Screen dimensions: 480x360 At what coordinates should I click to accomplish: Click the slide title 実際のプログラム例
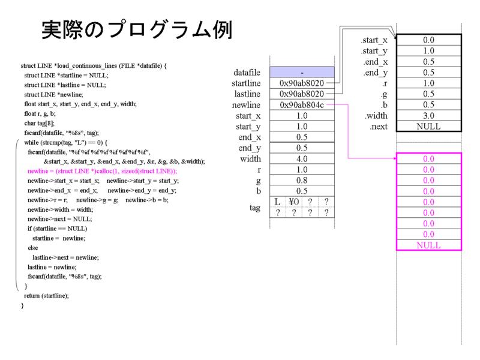click(137, 29)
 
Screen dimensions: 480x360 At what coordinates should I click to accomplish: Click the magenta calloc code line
click(102, 171)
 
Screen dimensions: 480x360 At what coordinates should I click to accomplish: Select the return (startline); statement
click(47, 296)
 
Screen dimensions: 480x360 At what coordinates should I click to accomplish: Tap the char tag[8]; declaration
click(40, 123)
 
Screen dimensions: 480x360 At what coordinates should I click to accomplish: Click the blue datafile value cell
click(302, 72)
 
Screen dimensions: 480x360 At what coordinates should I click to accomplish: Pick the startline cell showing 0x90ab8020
click(302, 83)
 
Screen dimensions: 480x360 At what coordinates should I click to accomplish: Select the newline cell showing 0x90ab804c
click(302, 104)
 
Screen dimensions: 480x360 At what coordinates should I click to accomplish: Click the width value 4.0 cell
click(302, 158)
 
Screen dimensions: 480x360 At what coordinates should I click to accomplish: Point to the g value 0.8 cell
click(302, 181)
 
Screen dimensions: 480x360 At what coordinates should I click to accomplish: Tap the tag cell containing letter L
click(278, 202)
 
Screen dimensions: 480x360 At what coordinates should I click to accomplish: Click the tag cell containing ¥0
click(294, 202)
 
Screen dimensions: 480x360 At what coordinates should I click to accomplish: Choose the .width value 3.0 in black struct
click(428, 115)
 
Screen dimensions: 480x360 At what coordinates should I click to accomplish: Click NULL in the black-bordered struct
click(428, 126)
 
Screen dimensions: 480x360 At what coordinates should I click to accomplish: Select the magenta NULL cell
click(428, 245)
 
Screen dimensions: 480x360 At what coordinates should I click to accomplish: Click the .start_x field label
click(374, 40)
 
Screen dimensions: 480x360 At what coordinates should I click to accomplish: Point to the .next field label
click(379, 127)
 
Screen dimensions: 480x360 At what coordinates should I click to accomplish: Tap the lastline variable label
click(247, 94)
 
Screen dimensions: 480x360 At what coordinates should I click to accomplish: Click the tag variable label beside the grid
click(254, 208)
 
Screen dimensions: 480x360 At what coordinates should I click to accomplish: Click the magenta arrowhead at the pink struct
click(395, 158)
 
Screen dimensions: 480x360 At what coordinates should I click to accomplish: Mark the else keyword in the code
click(33, 248)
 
